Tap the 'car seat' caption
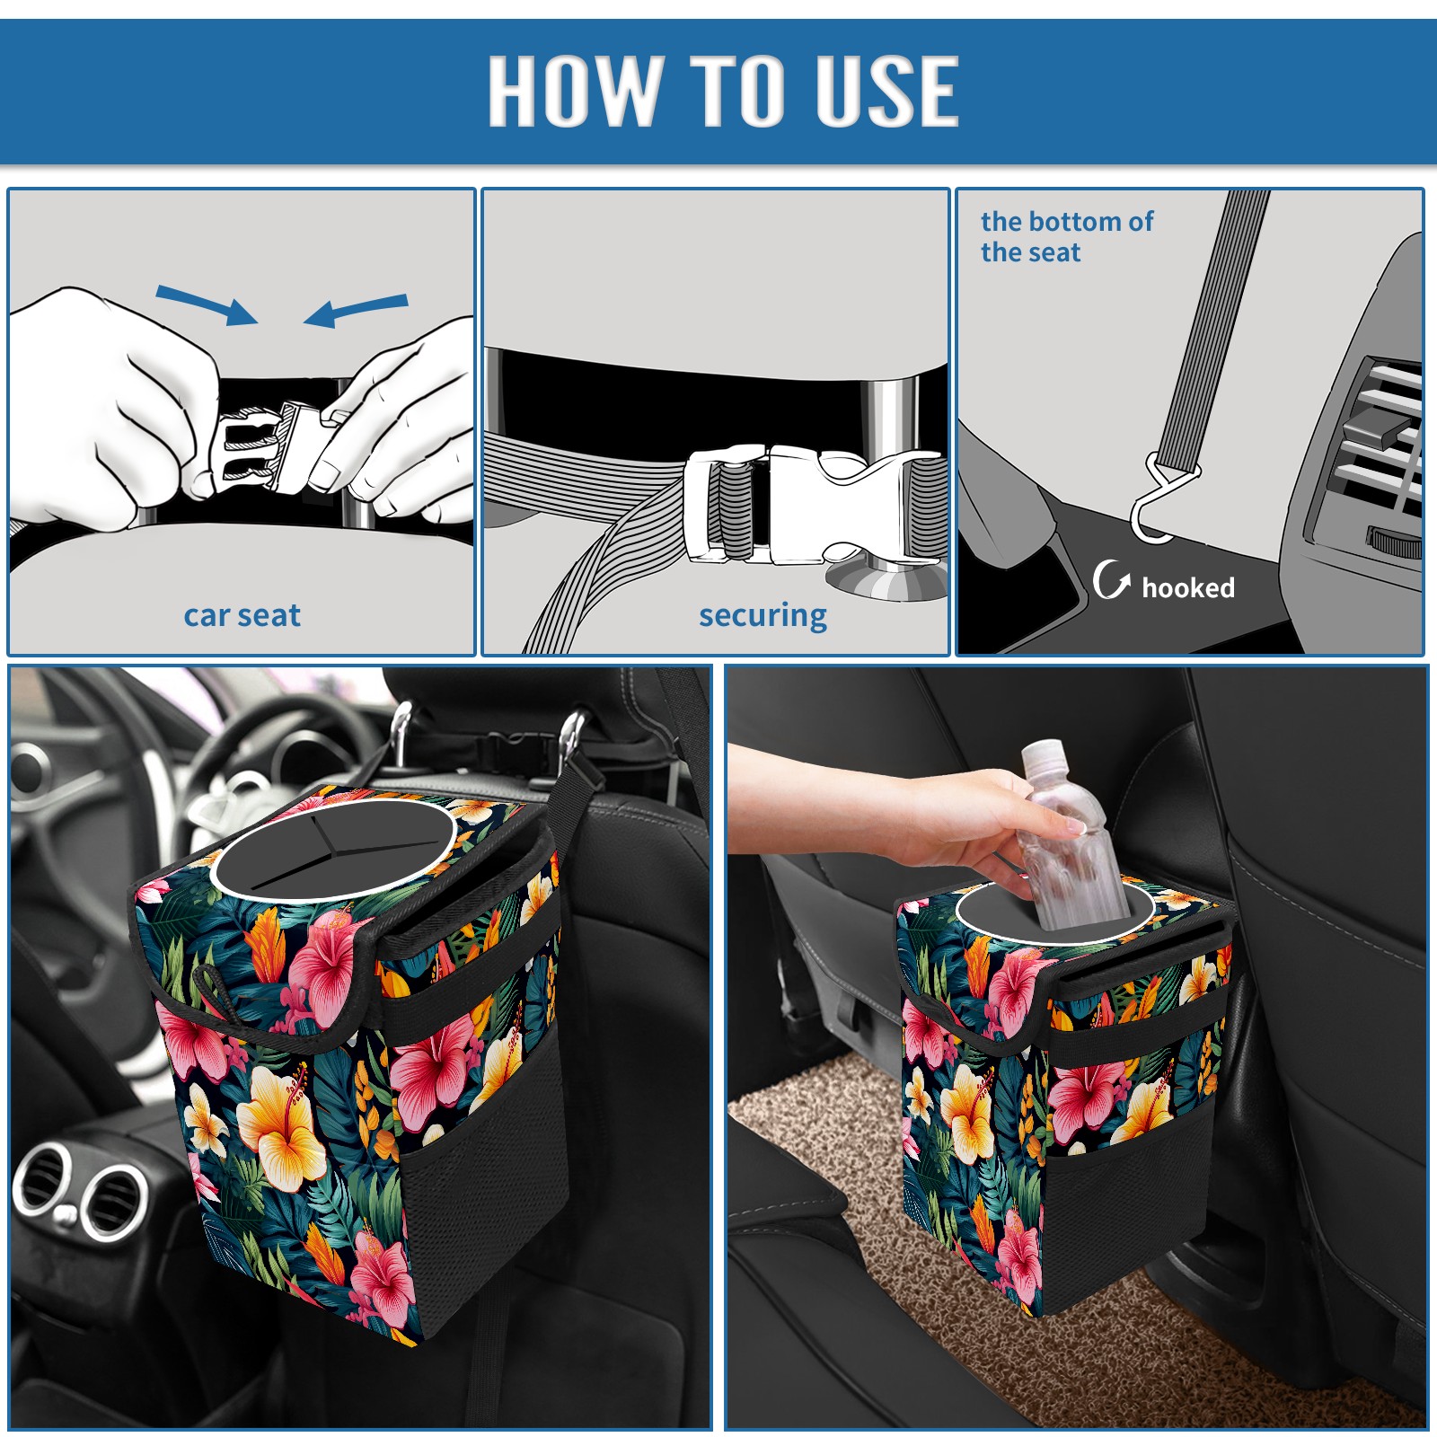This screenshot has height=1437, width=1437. point(242,615)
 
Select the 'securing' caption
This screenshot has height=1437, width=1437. point(763,616)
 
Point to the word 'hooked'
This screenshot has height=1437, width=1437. point(1188,587)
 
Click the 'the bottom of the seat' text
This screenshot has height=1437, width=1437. point(1066,236)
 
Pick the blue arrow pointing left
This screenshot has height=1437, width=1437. point(356,311)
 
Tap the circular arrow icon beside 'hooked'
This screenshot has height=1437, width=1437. point(1111,579)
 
